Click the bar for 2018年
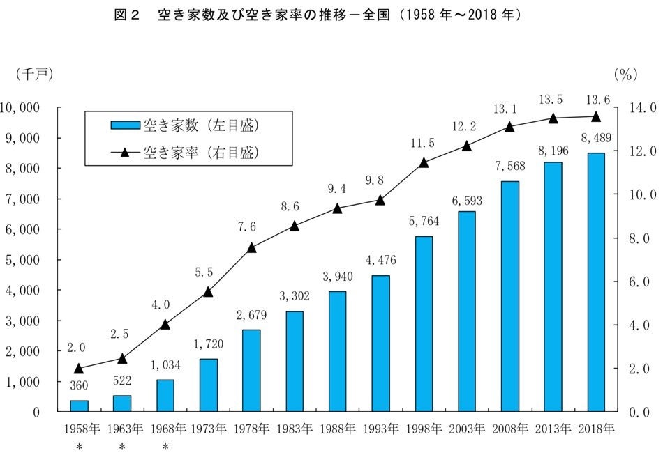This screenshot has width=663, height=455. pyautogui.click(x=596, y=282)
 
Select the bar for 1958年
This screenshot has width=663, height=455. pyautogui.click(x=79, y=406)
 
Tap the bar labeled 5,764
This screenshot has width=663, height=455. pyautogui.click(x=424, y=324)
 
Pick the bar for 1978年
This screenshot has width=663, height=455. pyautogui.click(x=251, y=371)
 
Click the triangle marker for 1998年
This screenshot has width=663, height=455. pyautogui.click(x=424, y=162)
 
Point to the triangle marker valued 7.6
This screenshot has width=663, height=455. pyautogui.click(x=251, y=247)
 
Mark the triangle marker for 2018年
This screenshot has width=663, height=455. pyautogui.click(x=596, y=116)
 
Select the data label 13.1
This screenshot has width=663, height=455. pyautogui.click(x=509, y=109)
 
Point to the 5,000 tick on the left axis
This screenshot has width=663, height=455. pyautogui.click(x=24, y=260)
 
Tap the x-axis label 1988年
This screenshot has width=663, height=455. pyautogui.click(x=337, y=428)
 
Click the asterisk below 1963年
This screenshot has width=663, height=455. pyautogui.click(x=122, y=447)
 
